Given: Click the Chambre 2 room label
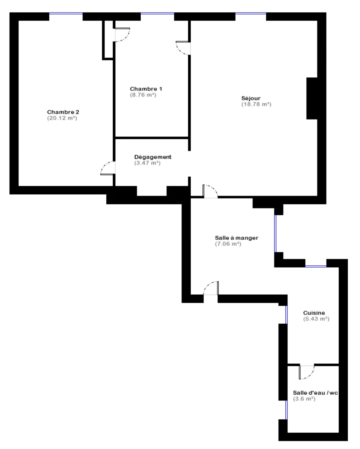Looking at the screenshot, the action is tap(63, 112).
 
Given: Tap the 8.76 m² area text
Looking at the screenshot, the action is tap(143, 95).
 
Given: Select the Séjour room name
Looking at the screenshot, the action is tap(251, 98).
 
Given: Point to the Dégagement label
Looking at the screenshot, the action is tap(153, 157).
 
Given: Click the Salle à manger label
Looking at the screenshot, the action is tap(237, 238).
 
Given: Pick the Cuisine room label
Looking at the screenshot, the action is tap(314, 313).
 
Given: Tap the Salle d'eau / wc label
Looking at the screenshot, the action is tap(315, 393).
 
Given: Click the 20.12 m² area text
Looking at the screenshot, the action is tap(62, 118).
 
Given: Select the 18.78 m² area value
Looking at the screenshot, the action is tap(256, 104).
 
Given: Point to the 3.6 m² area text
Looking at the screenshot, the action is tap(304, 399).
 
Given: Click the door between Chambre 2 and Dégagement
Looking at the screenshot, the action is tap(108, 168).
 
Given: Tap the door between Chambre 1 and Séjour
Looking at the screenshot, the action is tap(183, 48).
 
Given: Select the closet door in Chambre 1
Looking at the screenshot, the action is tap(122, 35).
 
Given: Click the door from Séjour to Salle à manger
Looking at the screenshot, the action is tap(210, 191).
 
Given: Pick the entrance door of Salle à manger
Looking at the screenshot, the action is tap(211, 288).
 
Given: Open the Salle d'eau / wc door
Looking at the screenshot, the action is tap(307, 372).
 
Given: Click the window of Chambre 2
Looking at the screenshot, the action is tap(66, 14).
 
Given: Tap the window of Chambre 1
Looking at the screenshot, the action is tap(157, 14).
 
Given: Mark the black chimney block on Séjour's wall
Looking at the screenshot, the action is tap(312, 98).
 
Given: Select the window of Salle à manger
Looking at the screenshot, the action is tap(275, 234).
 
